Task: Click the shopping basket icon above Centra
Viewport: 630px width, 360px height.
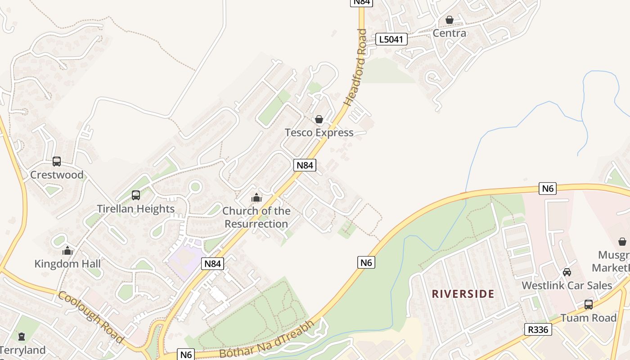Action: (x=449, y=20)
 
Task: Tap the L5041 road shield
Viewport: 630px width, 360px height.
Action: (x=391, y=39)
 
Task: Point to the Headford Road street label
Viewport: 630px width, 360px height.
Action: (x=355, y=67)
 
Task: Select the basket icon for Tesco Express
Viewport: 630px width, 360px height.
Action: (x=319, y=119)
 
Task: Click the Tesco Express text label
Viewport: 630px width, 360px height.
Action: (x=319, y=133)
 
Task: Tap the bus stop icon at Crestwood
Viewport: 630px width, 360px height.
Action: (x=57, y=162)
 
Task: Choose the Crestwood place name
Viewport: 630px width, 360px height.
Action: (x=57, y=175)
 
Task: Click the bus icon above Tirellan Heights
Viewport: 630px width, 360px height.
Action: (x=136, y=195)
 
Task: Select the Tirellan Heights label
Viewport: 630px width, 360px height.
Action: (x=136, y=209)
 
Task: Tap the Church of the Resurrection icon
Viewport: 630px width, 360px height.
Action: (x=256, y=198)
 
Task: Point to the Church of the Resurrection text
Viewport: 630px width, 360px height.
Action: (x=256, y=217)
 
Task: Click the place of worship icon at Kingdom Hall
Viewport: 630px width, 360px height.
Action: (x=67, y=250)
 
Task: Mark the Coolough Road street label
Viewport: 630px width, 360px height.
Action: (x=90, y=317)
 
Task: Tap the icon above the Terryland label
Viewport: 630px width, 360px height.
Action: (x=21, y=337)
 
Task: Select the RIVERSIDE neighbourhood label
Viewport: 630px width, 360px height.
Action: (x=463, y=294)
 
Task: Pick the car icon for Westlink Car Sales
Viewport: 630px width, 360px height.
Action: (x=567, y=272)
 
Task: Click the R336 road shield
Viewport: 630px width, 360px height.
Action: (x=538, y=329)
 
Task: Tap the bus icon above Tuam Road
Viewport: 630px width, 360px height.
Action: (x=589, y=305)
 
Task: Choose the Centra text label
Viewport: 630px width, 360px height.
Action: (x=449, y=33)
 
